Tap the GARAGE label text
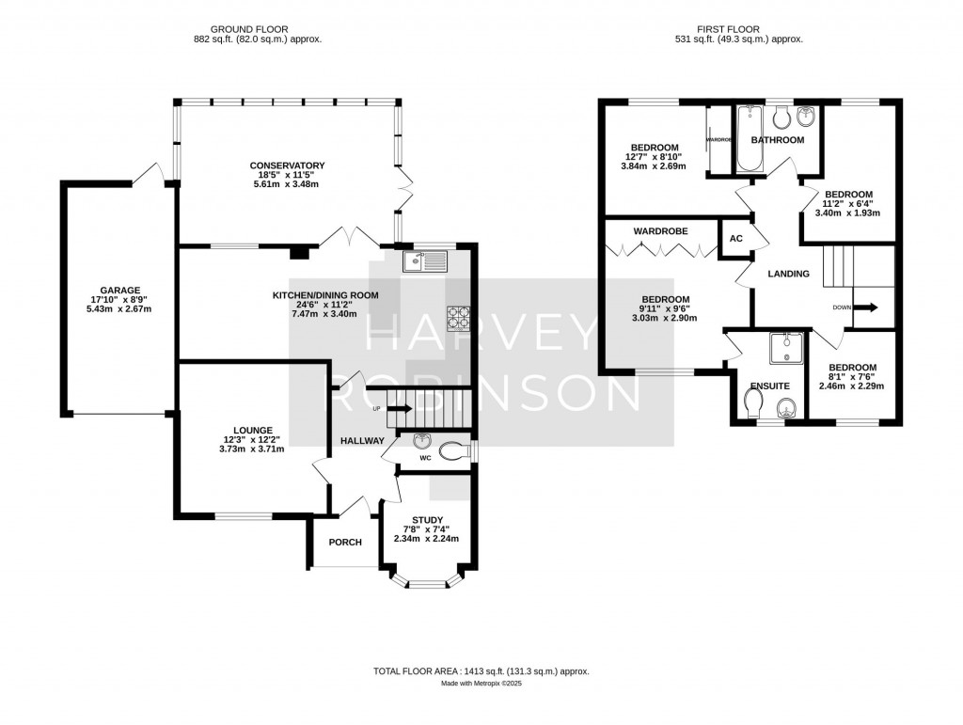pos(119,291)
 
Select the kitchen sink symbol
pos(427,260)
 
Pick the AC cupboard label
pos(735,239)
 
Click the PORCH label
pos(345,542)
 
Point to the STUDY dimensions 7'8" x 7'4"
pos(427,528)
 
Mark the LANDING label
pos(787,274)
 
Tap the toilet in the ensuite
pos(752,403)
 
